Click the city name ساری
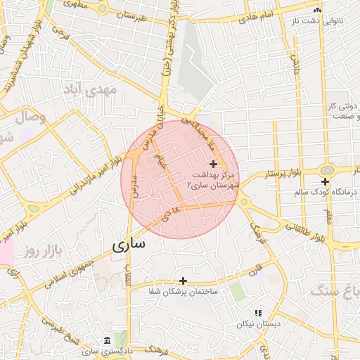128,245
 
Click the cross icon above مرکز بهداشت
214,163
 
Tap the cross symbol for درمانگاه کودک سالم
325,182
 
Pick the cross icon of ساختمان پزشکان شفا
184,281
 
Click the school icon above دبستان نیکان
258,312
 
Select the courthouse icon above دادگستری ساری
107,340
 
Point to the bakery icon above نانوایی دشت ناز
318,11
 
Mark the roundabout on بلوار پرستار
326,170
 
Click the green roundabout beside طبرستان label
103,8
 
